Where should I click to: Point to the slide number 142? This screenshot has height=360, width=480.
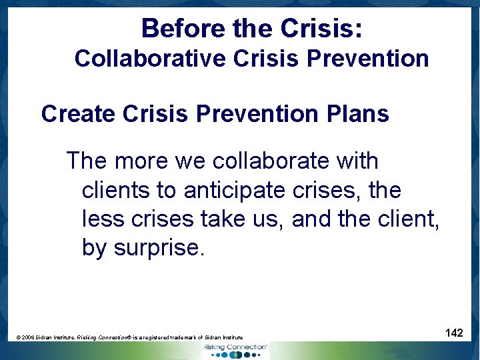pyautogui.click(x=454, y=332)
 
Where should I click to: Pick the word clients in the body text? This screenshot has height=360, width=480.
pyautogui.click(x=116, y=190)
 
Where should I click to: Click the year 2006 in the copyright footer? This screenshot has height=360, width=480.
pyautogui.click(x=29, y=337)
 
